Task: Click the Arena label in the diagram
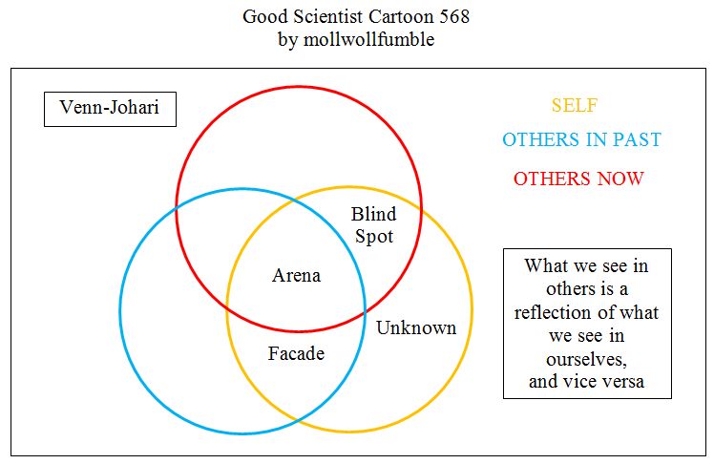coord(296,276)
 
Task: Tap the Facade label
coord(296,354)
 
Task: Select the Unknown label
coord(416,328)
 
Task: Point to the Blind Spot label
coord(373,224)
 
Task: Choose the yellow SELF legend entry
coord(575,106)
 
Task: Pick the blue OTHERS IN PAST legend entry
coord(581,140)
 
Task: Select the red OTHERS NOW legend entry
coord(578,179)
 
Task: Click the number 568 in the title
coord(452,17)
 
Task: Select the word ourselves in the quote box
coord(586,360)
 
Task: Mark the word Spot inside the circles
coord(373,236)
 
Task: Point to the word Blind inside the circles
coord(373,214)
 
